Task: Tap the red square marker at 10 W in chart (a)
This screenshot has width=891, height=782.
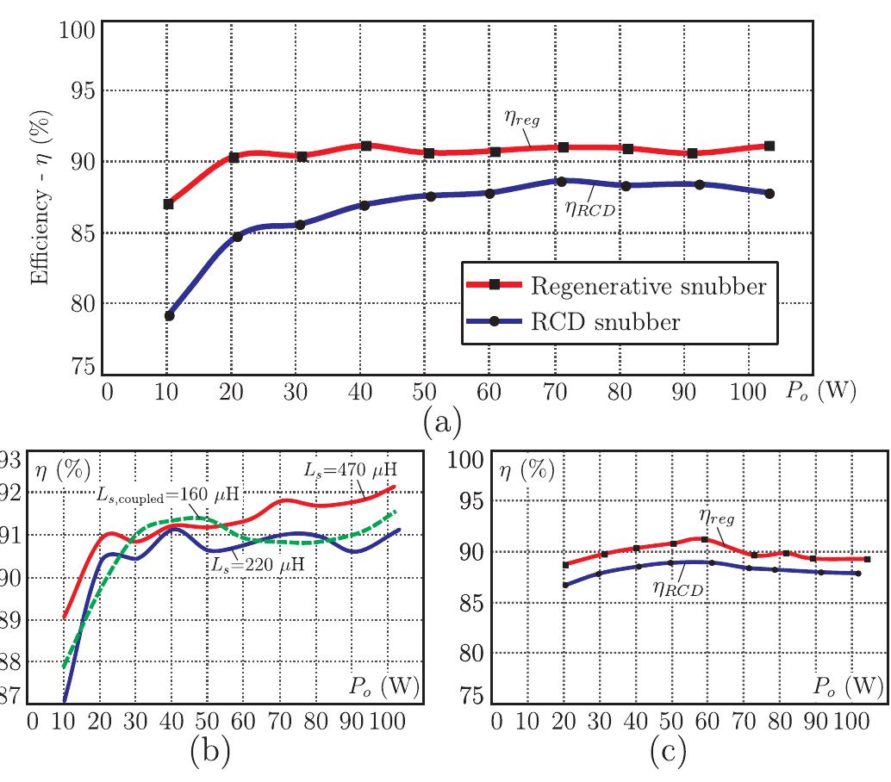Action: (169, 204)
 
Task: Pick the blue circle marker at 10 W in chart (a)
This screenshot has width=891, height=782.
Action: (169, 316)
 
